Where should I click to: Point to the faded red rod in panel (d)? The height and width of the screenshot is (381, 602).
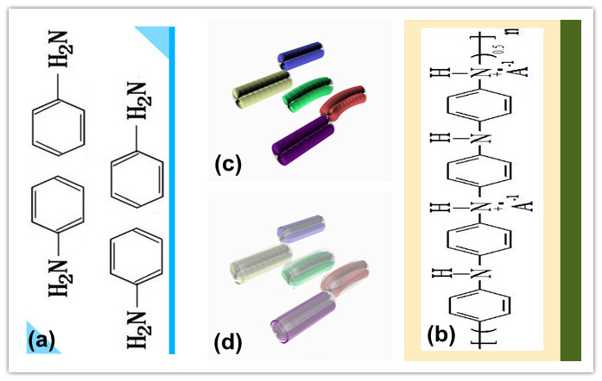click(344, 277)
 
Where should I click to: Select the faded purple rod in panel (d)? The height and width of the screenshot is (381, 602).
click(299, 315)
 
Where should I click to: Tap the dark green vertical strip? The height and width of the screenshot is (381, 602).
click(570, 190)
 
